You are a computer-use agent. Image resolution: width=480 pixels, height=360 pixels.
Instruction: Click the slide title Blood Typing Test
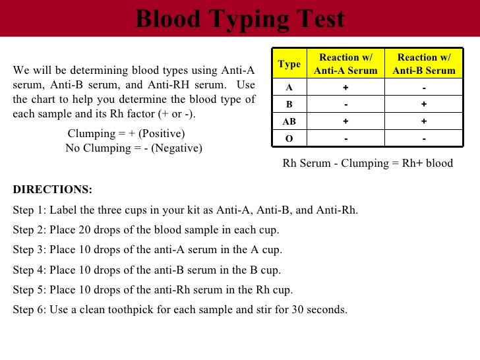240,18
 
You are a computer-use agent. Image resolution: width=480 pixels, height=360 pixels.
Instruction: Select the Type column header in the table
289,64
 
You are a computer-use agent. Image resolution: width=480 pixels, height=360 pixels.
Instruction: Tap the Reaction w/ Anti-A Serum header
345,64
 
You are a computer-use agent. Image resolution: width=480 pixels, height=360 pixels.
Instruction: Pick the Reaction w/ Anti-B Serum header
424,64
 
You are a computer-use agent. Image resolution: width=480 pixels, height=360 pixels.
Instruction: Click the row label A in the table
289,88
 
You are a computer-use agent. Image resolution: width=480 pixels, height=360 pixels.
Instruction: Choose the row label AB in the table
289,122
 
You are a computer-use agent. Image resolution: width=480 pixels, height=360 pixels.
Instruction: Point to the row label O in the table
289,138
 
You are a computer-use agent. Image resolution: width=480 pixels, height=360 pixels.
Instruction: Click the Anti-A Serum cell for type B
345,105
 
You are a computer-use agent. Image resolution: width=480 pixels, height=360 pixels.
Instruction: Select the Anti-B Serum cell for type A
424,88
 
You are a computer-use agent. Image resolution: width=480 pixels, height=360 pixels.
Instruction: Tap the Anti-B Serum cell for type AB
424,122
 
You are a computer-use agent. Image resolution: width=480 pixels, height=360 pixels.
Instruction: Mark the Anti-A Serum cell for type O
345,138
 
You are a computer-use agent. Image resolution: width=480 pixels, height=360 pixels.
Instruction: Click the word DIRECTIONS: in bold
53,190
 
